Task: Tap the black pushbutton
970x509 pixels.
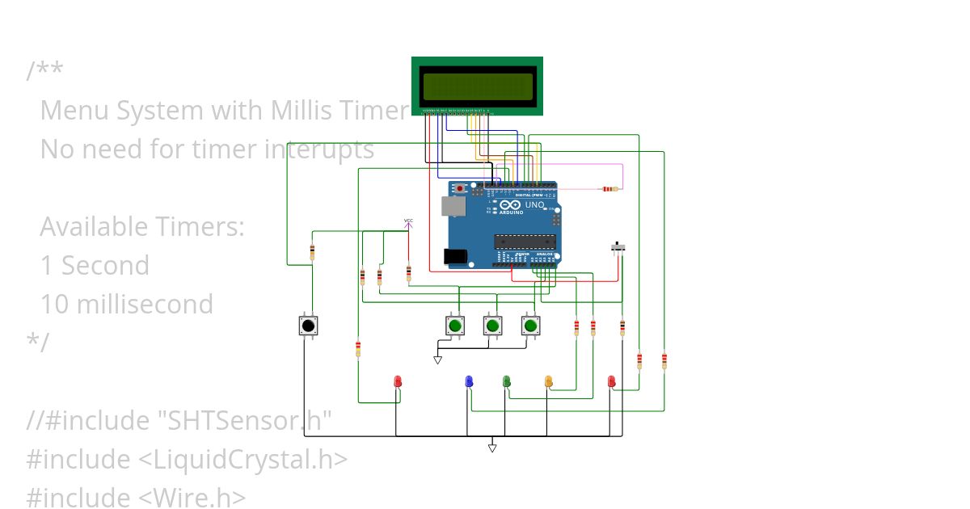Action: [307, 326]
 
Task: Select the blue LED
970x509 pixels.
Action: [469, 381]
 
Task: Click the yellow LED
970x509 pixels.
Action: [549, 381]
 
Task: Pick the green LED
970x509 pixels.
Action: [507, 381]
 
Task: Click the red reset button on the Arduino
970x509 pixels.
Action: [461, 188]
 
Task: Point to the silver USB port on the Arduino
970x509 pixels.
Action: [453, 206]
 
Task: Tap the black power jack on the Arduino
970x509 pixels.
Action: [456, 256]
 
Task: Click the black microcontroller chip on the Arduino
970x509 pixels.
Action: [525, 241]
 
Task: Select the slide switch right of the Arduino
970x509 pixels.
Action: [621, 246]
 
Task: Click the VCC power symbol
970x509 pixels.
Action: [408, 222]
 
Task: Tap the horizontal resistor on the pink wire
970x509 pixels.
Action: [607, 189]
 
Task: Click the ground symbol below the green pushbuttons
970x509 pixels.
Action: [438, 360]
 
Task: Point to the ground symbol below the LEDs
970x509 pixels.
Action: [492, 448]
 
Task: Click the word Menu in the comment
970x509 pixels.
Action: [75, 110]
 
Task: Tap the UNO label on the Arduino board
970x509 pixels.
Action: [535, 205]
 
